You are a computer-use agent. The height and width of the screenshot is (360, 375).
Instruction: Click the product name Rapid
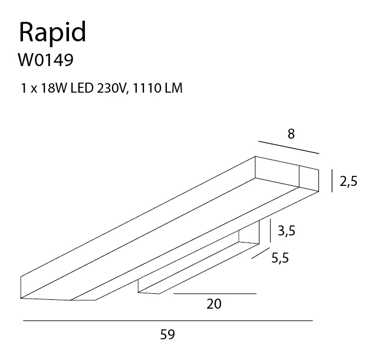pos(52,33)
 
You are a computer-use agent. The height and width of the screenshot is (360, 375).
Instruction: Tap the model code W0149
pos(45,60)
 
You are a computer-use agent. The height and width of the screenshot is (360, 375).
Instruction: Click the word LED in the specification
pos(82,88)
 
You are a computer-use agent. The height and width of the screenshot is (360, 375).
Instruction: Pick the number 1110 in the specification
pos(146,88)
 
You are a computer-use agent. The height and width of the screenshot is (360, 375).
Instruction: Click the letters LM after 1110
pos(173,88)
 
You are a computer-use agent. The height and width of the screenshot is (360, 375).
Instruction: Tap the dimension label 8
pos(291,134)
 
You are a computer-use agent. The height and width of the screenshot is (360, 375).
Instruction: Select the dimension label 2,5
pos(348,181)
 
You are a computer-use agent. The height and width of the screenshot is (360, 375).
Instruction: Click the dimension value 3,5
pos(287,231)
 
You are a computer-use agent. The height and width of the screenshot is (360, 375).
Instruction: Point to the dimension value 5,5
pos(280,258)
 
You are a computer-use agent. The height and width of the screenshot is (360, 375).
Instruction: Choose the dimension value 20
pos(214,304)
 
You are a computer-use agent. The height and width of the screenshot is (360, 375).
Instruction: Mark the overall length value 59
pos(167,335)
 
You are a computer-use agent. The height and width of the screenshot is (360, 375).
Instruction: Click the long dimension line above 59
pos(168,320)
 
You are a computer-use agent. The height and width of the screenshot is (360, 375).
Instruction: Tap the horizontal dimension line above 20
pos(215,293)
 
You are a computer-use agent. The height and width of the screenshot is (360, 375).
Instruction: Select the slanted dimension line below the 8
pos(289,147)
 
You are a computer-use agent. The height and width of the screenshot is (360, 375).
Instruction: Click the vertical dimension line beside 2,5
pos(332,181)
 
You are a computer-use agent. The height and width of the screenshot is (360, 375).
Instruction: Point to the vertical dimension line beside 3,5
pos(270,231)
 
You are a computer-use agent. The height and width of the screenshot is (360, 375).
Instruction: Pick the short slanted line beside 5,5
pos(261,253)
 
